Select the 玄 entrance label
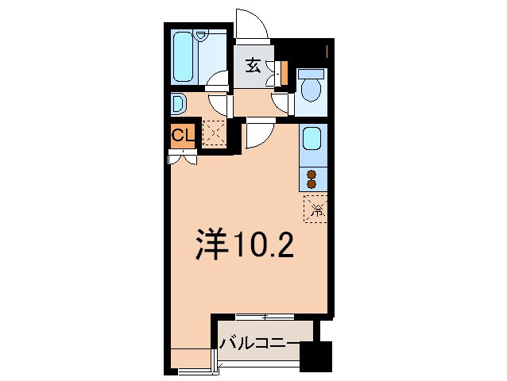(253, 66)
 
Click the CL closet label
(182, 135)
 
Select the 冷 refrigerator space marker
(316, 210)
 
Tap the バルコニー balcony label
(260, 343)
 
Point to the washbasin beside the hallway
(177, 104)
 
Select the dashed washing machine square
(213, 132)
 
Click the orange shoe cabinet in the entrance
(284, 72)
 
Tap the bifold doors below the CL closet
(182, 157)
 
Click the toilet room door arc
(281, 102)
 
